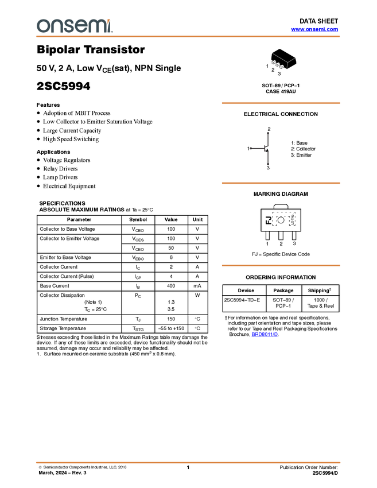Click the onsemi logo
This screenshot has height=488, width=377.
pyautogui.click(x=75, y=26)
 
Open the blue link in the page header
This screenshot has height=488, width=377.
pyautogui.click(x=314, y=29)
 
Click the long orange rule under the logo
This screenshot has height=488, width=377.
pyautogui.click(x=188, y=37)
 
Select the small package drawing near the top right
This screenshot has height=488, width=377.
pyautogui.click(x=283, y=61)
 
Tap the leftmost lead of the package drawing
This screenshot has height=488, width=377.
pyautogui.click(x=274, y=64)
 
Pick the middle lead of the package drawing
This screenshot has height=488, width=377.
pyautogui.click(x=278, y=65)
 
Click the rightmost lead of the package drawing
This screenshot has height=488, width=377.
pyautogui.click(x=282, y=67)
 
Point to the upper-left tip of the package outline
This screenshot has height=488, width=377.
pyautogui.click(x=271, y=53)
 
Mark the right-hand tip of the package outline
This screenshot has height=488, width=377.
pyautogui.click(x=296, y=57)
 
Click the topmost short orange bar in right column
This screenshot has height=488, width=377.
pyautogui.click(x=281, y=103)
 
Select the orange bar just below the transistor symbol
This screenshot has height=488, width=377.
pyautogui.click(x=281, y=183)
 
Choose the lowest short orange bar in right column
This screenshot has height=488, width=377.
pyautogui.click(x=281, y=265)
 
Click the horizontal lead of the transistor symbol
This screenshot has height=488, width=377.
pyautogui.click(x=258, y=149)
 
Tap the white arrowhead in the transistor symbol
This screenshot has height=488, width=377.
pyautogui.click(x=267, y=149)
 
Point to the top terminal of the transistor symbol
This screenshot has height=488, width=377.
pyautogui.click(x=269, y=133)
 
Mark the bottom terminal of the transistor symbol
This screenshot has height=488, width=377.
pyautogui.click(x=269, y=164)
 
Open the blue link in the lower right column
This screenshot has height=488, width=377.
pyautogui.click(x=265, y=334)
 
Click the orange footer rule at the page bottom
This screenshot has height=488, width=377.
pyautogui.click(x=188, y=462)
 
